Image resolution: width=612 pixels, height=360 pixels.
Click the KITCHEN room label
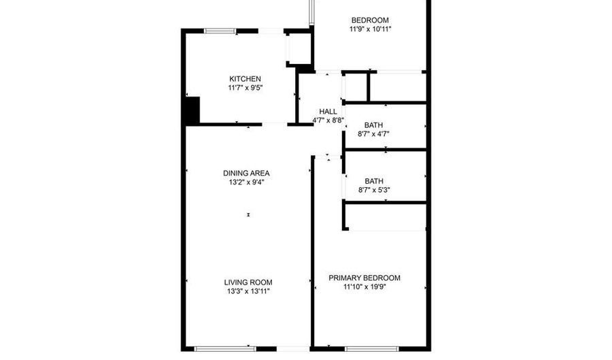click(x=245, y=79)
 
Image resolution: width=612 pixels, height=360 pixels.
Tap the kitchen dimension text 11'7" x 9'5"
click(x=245, y=88)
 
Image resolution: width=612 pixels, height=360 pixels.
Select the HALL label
click(x=328, y=112)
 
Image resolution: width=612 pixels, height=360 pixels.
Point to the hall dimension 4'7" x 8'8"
click(x=328, y=120)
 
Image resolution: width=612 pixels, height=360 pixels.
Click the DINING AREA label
click(x=246, y=173)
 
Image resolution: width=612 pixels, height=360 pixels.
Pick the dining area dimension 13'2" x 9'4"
click(x=246, y=182)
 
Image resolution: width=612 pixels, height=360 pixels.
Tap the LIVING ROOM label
click(x=248, y=282)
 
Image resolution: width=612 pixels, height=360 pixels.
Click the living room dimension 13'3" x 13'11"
click(x=248, y=291)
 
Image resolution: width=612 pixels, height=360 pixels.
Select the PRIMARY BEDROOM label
click(x=364, y=278)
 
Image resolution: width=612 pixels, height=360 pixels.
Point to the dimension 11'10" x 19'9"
click(x=364, y=287)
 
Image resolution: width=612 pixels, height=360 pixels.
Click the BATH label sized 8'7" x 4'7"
click(x=373, y=125)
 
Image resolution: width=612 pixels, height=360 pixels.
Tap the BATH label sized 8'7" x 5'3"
click(x=374, y=181)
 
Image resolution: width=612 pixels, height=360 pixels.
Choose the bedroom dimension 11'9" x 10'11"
click(x=370, y=29)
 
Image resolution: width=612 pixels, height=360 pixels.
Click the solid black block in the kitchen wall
click(x=192, y=111)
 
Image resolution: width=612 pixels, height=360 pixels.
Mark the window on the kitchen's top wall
click(x=220, y=31)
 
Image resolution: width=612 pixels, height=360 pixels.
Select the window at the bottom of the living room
click(x=225, y=348)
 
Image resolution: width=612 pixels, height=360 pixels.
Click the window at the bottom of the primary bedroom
click(x=372, y=348)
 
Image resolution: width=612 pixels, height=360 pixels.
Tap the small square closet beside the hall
click(x=356, y=86)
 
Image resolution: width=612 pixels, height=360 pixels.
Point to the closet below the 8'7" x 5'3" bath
click(x=386, y=217)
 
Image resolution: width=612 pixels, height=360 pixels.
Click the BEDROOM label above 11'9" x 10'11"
click(x=370, y=20)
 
